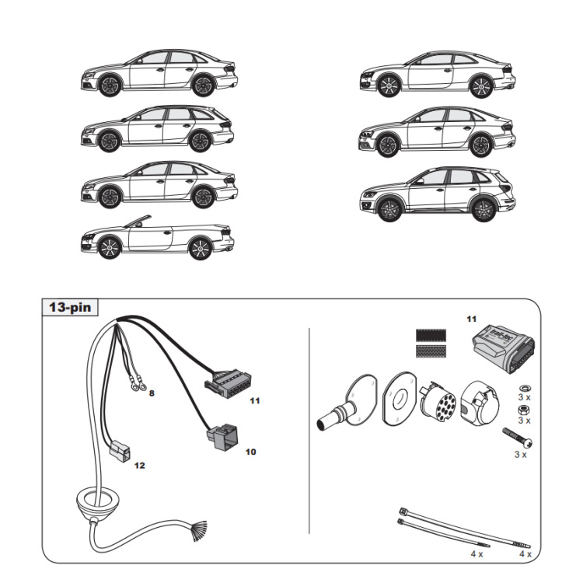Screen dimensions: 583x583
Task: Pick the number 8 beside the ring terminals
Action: coord(152,393)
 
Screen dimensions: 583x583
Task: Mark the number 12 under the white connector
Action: coord(139,466)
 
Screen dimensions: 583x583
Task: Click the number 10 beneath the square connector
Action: coord(250,451)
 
